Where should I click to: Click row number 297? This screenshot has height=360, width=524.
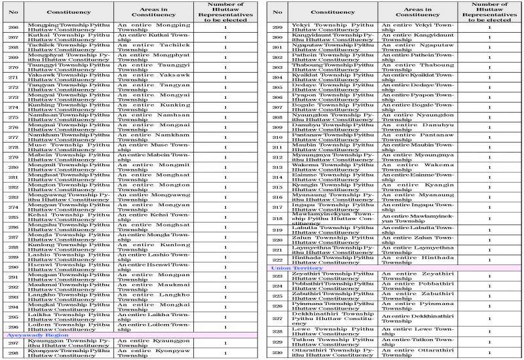coord(12,344)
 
